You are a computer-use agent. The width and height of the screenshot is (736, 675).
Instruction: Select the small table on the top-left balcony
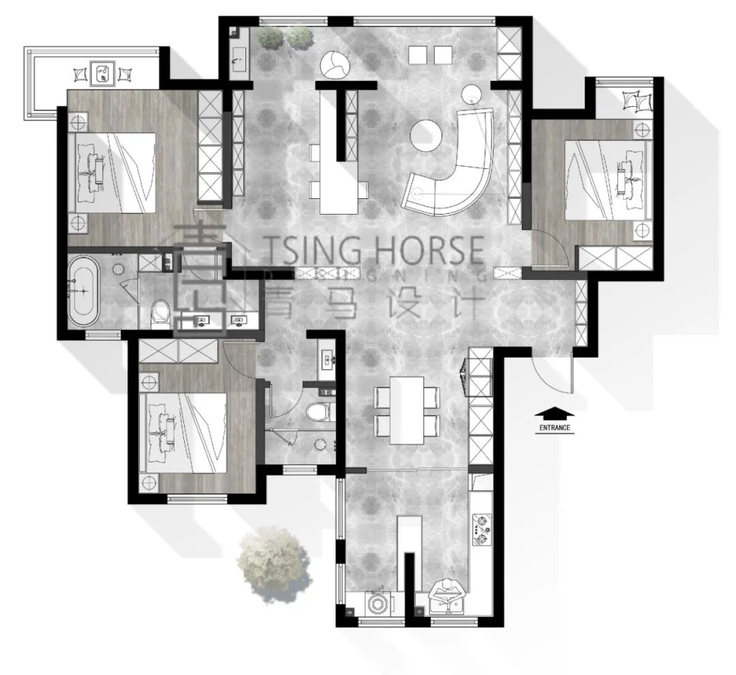click(x=103, y=73)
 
